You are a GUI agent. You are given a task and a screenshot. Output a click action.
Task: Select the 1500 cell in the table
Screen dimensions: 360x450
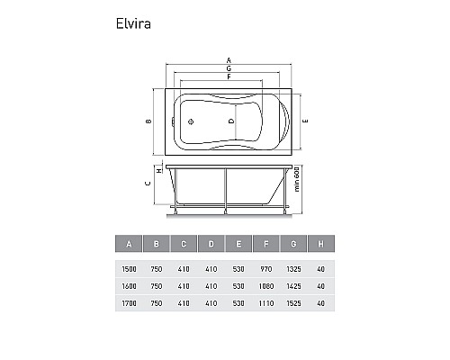130,267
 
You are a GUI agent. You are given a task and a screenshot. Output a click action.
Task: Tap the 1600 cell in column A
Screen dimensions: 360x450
130,285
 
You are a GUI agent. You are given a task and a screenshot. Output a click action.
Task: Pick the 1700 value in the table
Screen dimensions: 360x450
130,303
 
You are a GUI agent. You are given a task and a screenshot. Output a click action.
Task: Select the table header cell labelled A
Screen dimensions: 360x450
130,244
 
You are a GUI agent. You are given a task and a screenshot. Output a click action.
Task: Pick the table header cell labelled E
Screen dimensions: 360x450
239,244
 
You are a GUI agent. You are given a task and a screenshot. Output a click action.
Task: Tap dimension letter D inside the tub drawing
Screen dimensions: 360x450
230,120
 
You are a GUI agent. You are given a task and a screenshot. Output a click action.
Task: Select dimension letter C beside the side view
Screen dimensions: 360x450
148,184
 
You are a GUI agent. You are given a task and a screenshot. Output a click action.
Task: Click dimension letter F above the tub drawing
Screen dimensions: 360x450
229,77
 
